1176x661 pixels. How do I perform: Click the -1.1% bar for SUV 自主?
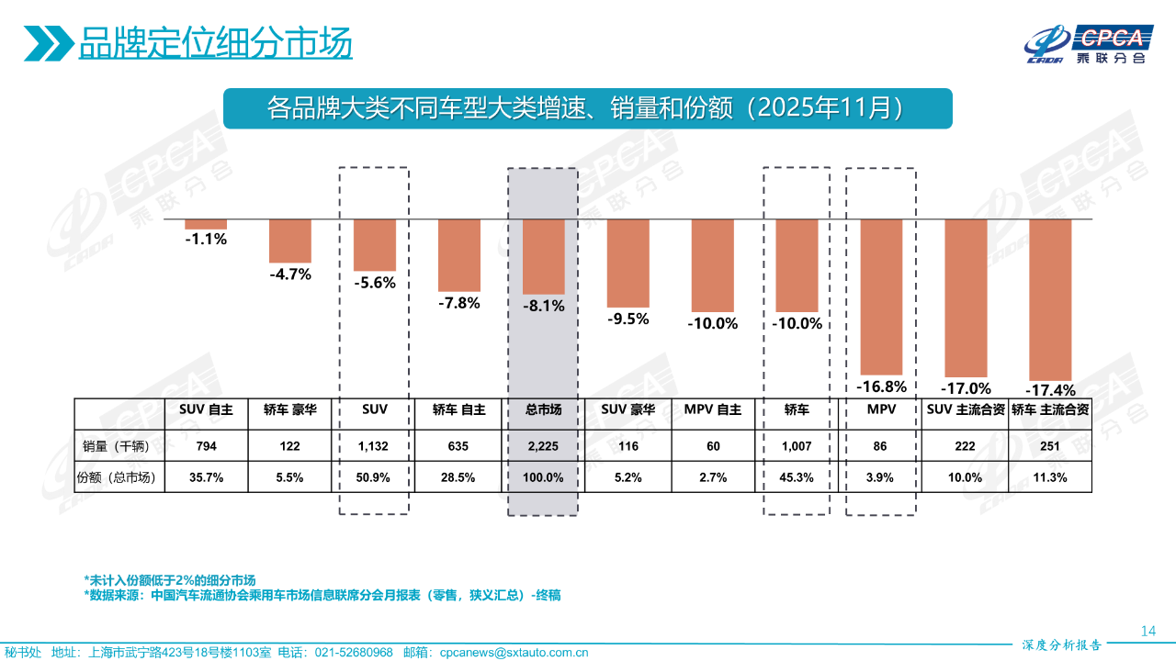pos(206,224)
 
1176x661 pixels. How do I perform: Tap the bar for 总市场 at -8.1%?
pos(544,256)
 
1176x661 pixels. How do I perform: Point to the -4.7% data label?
pos(290,274)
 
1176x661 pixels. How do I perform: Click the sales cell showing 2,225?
pos(543,447)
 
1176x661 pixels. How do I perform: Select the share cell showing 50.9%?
pos(374,477)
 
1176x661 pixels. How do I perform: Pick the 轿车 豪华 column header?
pos(290,410)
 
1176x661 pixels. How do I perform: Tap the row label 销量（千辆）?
pos(119,447)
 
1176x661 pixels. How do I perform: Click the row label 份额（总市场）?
pos(119,477)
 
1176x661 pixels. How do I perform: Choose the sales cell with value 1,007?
pos(797,447)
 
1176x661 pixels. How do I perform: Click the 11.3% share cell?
pos(1050,477)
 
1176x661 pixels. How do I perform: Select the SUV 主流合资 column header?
pos(964,410)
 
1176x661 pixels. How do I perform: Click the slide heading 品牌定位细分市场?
pos(215,42)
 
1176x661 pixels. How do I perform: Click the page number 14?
pos(1148,631)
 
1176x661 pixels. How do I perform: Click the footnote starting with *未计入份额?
pos(169,580)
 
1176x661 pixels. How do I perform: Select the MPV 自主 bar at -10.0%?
pos(712,265)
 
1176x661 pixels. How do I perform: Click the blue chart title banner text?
pos(587,108)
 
